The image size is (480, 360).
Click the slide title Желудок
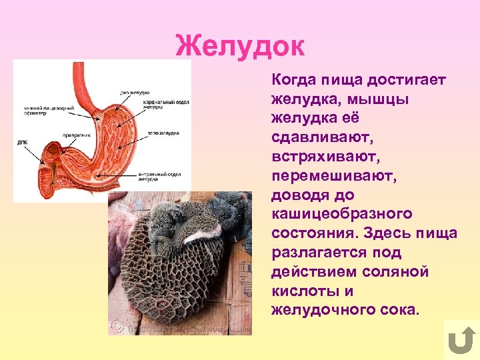240,47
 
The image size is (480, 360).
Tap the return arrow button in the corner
460,340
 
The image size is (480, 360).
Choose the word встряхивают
319,157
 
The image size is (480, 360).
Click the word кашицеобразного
341,215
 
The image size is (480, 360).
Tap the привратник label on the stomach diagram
77,135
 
